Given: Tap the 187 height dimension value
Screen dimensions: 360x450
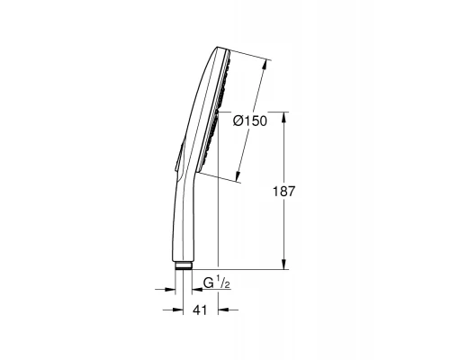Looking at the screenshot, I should tap(285, 192).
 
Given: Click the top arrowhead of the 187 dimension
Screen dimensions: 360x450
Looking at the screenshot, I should tap(287, 115).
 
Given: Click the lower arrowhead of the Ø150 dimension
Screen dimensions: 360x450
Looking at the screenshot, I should tap(239, 179).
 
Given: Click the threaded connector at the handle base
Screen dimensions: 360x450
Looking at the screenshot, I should tap(184, 266).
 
